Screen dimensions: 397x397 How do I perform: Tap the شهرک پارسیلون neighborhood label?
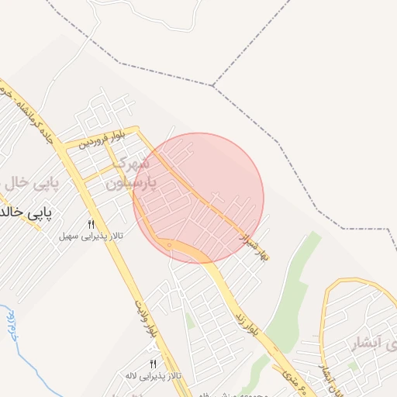[134, 174]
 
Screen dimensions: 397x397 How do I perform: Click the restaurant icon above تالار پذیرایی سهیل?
[91, 223]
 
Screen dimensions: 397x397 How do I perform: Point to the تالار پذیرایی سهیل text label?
[91, 234]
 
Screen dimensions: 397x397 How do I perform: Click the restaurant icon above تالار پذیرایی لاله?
[153, 364]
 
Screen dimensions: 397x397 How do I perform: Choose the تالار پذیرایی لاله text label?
[154, 375]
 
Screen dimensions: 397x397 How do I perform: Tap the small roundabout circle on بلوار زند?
[169, 245]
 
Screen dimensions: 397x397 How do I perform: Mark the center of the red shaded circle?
[198, 198]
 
